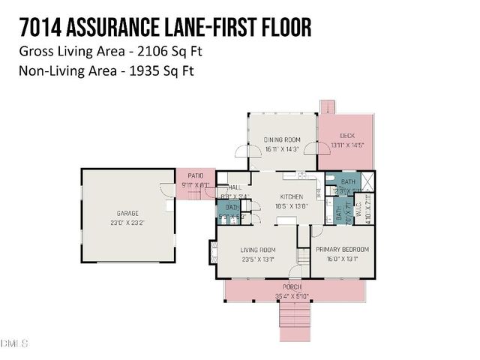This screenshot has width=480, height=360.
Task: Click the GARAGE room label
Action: (127, 213)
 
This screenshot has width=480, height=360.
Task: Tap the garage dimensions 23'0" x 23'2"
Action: (127, 223)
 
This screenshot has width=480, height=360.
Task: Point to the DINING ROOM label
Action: (282, 139)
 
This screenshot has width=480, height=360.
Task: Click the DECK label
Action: (346, 136)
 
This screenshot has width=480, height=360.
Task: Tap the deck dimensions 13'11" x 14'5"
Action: (346, 145)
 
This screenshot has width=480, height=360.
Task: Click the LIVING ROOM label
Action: (257, 250)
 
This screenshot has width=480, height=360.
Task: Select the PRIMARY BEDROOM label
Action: (342, 250)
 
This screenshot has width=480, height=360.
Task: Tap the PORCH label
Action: (292, 287)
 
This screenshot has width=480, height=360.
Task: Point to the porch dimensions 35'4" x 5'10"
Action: (292, 296)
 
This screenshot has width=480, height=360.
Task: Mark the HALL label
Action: (235, 187)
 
